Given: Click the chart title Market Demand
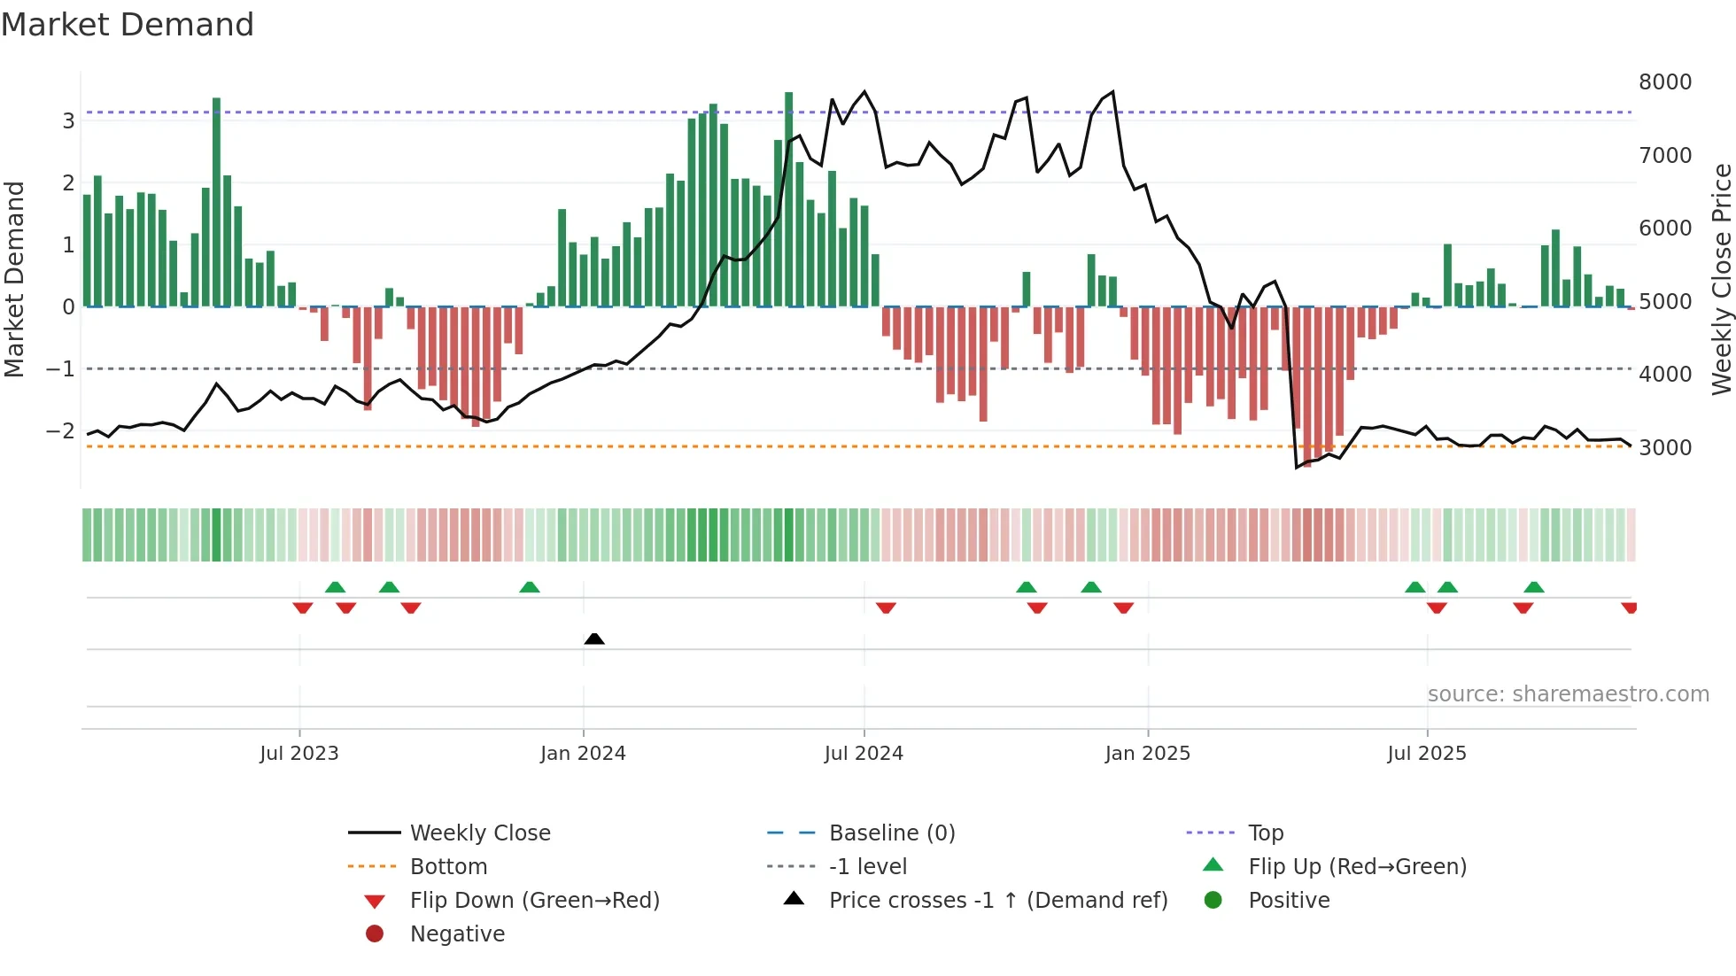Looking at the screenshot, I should pyautogui.click(x=128, y=25).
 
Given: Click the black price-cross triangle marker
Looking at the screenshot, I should pyautogui.click(x=594, y=639).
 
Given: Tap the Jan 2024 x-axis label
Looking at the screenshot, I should pyautogui.click(x=583, y=754).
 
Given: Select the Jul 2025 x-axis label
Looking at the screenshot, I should pyautogui.click(x=1426, y=754).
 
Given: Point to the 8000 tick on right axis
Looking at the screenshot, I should pyautogui.click(x=1664, y=82).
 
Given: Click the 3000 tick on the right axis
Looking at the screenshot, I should pyautogui.click(x=1664, y=448).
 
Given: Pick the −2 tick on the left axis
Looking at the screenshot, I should pyautogui.click(x=60, y=431).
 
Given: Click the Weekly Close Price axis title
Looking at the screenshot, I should pyautogui.click(x=1721, y=279).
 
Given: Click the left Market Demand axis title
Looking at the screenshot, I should pyautogui.click(x=14, y=279).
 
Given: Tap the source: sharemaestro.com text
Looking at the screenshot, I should pyautogui.click(x=1568, y=694).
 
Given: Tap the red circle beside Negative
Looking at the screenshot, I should pyautogui.click(x=375, y=934).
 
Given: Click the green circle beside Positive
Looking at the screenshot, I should pyautogui.click(x=1213, y=901).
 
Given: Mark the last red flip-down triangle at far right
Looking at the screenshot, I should pyautogui.click(x=1629, y=608).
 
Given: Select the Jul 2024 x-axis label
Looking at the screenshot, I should pyautogui.click(x=864, y=754).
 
